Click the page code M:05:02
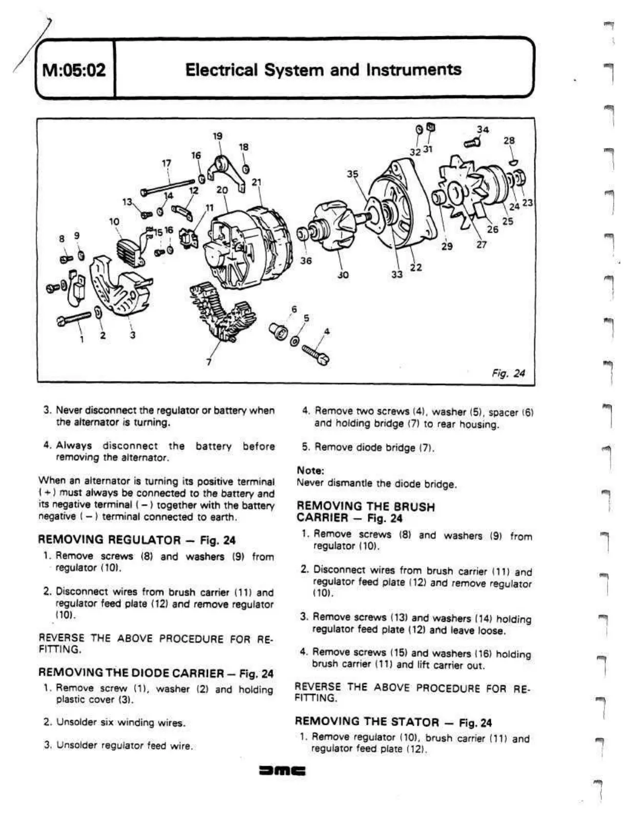tap(74, 69)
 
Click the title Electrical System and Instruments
tap(323, 69)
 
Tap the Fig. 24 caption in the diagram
tap(508, 373)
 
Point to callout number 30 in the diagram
tap(343, 275)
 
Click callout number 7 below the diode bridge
tap(208, 362)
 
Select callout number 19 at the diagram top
tap(218, 136)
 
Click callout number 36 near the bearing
tap(306, 260)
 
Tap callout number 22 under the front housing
tap(416, 267)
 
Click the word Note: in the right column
tap(310, 470)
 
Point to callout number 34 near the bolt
tap(483, 130)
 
